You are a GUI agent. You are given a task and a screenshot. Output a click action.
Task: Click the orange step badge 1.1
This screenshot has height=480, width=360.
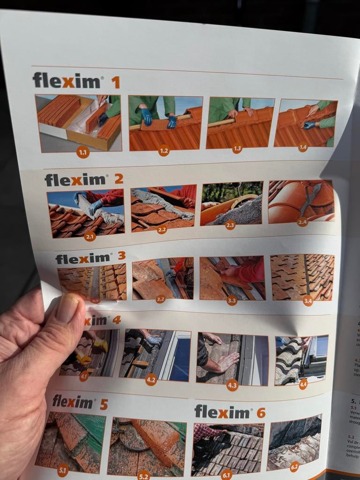pyautogui.click(x=83, y=152)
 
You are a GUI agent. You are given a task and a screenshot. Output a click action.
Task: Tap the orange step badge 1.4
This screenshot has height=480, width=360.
pyautogui.click(x=303, y=147)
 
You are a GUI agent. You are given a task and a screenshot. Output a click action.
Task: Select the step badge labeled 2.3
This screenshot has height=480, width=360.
pyautogui.click(x=230, y=225)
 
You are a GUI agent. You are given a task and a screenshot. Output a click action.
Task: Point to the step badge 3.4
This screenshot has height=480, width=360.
pyautogui.click(x=307, y=300)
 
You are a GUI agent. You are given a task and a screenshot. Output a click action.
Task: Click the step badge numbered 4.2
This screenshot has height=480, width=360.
pyautogui.click(x=151, y=379)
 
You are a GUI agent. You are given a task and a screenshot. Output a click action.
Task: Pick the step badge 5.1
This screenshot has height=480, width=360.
pyautogui.click(x=63, y=470)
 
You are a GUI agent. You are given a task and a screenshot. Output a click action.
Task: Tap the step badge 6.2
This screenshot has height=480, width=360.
pyautogui.click(x=294, y=466)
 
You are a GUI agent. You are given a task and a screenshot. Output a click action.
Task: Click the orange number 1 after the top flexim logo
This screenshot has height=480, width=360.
pyautogui.click(x=115, y=82)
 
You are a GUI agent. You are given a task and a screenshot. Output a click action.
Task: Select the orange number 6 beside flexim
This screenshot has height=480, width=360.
pyautogui.click(x=261, y=412)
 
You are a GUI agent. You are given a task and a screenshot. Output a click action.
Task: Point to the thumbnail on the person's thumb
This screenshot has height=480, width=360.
pyautogui.click(x=68, y=308)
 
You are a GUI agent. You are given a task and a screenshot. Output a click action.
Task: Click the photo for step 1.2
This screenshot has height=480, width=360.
pyautogui.click(x=165, y=123)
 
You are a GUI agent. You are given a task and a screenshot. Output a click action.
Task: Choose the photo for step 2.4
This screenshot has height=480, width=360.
pyautogui.click(x=301, y=201)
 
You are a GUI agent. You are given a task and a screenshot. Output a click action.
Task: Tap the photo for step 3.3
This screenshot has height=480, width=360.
pyautogui.click(x=232, y=278)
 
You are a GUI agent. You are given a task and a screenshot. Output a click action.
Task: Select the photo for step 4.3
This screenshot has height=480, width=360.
pyautogui.click(x=232, y=358)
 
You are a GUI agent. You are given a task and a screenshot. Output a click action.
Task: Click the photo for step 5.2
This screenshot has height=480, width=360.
pyautogui.click(x=146, y=447)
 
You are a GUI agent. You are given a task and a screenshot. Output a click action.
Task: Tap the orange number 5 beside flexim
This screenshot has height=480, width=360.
pyautogui.click(x=104, y=404)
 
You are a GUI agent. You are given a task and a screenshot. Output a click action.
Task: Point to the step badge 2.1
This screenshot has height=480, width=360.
pyautogui.click(x=90, y=236)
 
